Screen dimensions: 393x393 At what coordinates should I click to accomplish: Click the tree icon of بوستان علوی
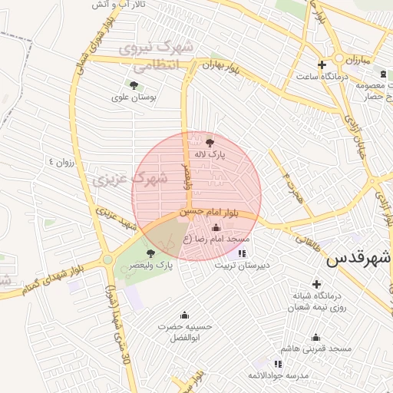coord(134,85)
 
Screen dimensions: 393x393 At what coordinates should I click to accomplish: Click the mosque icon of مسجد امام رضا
coord(215,227)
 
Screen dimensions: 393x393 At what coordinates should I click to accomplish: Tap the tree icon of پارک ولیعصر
coord(150,253)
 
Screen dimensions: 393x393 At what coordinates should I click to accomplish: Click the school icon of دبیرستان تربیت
coord(243,253)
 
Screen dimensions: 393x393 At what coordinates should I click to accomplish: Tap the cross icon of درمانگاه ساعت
coord(322,64)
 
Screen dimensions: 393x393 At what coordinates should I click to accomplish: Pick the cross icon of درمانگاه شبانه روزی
coord(316,284)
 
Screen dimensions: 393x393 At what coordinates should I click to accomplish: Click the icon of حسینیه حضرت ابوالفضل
coord(184,315)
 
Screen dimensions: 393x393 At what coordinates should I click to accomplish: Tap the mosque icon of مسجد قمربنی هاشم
coord(315,337)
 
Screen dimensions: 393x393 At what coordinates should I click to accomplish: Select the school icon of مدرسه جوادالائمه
coord(278,362)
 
